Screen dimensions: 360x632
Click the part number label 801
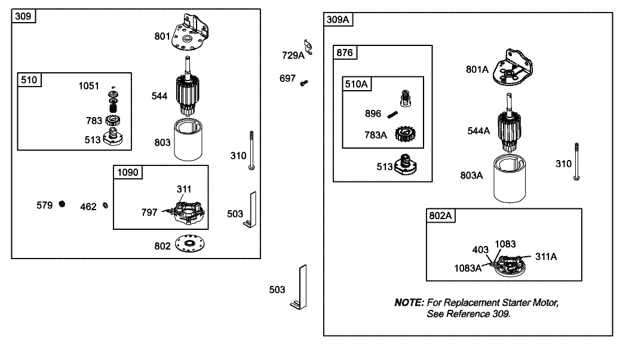point(162,36)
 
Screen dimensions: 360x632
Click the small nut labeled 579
point(62,205)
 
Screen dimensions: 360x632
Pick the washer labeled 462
point(106,206)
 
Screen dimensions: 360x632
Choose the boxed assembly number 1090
point(128,173)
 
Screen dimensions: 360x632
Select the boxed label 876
point(346,53)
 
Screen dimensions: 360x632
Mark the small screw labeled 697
point(304,82)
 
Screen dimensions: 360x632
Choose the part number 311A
point(545,256)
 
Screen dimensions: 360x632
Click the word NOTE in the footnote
point(409,303)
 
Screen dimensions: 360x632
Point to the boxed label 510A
point(357,84)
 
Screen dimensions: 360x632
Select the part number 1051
point(90,85)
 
